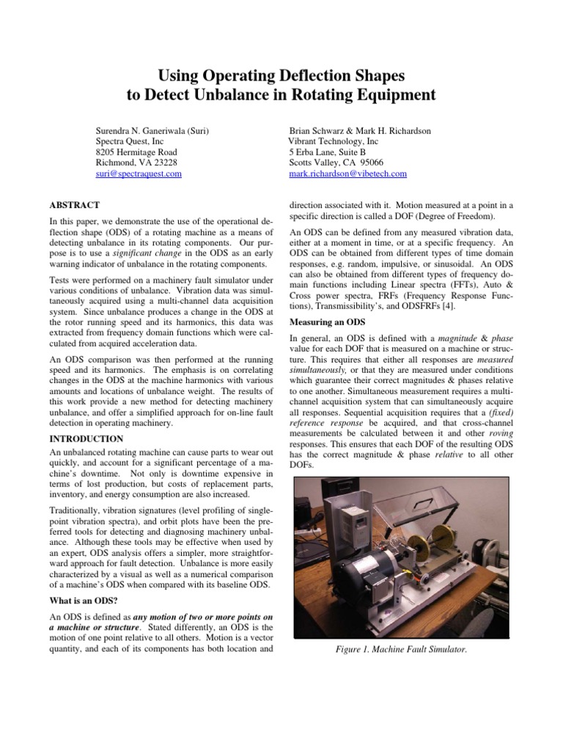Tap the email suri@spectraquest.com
click(139, 174)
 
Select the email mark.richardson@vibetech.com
click(347, 174)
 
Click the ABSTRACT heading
click(74, 204)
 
